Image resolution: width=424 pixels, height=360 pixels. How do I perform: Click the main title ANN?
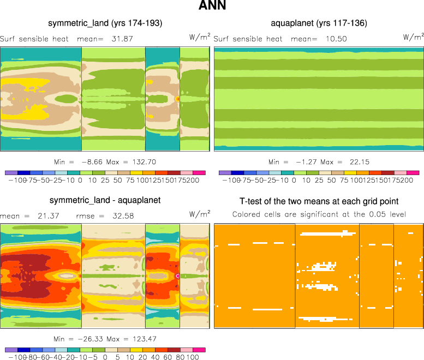[x=212, y=7]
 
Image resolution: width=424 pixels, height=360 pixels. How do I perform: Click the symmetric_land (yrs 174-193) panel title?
[x=105, y=23]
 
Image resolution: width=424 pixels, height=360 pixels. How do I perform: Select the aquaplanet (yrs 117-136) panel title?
[x=319, y=23]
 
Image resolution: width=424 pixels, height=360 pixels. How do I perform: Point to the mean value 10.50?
[x=336, y=39]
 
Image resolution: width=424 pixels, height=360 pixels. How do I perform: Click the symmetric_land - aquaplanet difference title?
[x=105, y=200]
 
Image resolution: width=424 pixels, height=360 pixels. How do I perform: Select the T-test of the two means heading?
[x=319, y=201]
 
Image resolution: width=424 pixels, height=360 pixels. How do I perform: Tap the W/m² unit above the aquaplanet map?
[x=413, y=37]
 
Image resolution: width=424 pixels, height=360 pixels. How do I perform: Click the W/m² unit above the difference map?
[x=199, y=214]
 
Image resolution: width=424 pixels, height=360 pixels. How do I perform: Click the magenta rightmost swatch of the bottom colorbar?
[x=199, y=350]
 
